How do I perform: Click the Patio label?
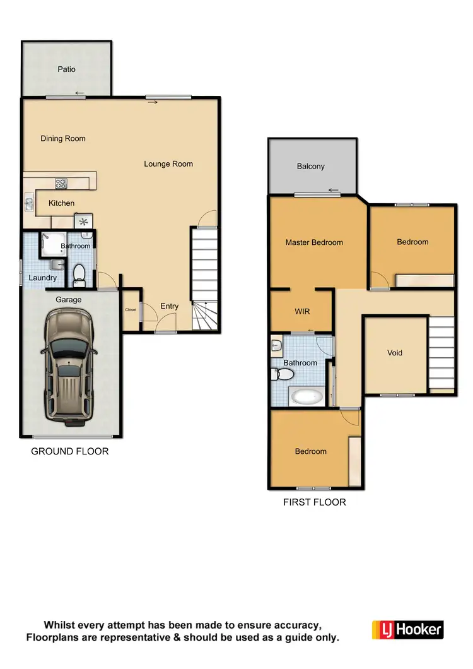pyautogui.click(x=67, y=69)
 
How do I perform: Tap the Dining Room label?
pyautogui.click(x=63, y=138)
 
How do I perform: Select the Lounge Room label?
pyautogui.click(x=168, y=164)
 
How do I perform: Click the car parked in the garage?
pyautogui.click(x=69, y=367)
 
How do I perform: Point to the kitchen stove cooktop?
pyautogui.click(x=61, y=184)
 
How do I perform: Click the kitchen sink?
pyautogui.click(x=30, y=203)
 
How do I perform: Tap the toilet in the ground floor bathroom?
pyautogui.click(x=79, y=273)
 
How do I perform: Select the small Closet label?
pyautogui.click(x=131, y=310)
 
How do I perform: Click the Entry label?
pyautogui.click(x=170, y=306)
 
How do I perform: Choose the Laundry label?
pyautogui.click(x=43, y=278)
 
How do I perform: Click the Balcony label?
pyautogui.click(x=311, y=167)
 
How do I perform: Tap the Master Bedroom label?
pyautogui.click(x=314, y=242)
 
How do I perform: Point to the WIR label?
pyautogui.click(x=302, y=312)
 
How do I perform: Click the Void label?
pyautogui.click(x=395, y=353)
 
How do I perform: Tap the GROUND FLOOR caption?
pyautogui.click(x=70, y=451)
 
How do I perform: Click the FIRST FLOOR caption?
pyautogui.click(x=315, y=502)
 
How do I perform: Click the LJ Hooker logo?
pyautogui.click(x=407, y=629)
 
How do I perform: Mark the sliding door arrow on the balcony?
pyautogui.click(x=334, y=190)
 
